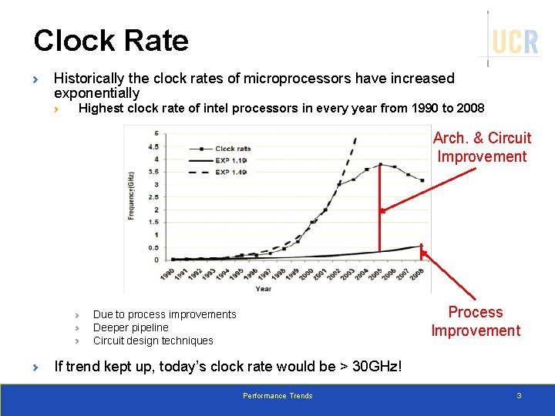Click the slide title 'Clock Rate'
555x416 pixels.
coord(111,41)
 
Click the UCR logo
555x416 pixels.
coord(514,41)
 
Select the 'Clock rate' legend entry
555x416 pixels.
coord(231,149)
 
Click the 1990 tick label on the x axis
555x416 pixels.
coord(166,275)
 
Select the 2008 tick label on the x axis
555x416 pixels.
coord(418,275)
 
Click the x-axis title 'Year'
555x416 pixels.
coord(263,289)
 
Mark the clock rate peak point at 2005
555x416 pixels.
coord(380,164)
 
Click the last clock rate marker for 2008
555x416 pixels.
coord(422,180)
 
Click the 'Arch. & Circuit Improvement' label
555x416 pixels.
coord(482,147)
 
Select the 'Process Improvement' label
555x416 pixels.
coord(476,321)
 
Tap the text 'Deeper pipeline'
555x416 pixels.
coord(130,327)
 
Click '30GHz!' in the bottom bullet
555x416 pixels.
coord(377,366)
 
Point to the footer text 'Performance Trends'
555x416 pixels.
coord(277,396)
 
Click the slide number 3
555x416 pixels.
coord(519,396)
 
